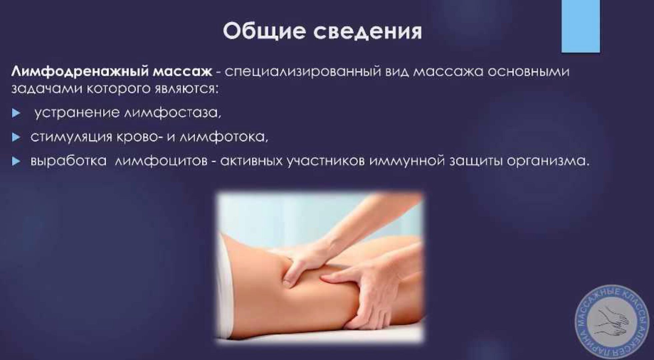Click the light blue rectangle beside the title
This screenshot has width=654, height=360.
click(x=580, y=26)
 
